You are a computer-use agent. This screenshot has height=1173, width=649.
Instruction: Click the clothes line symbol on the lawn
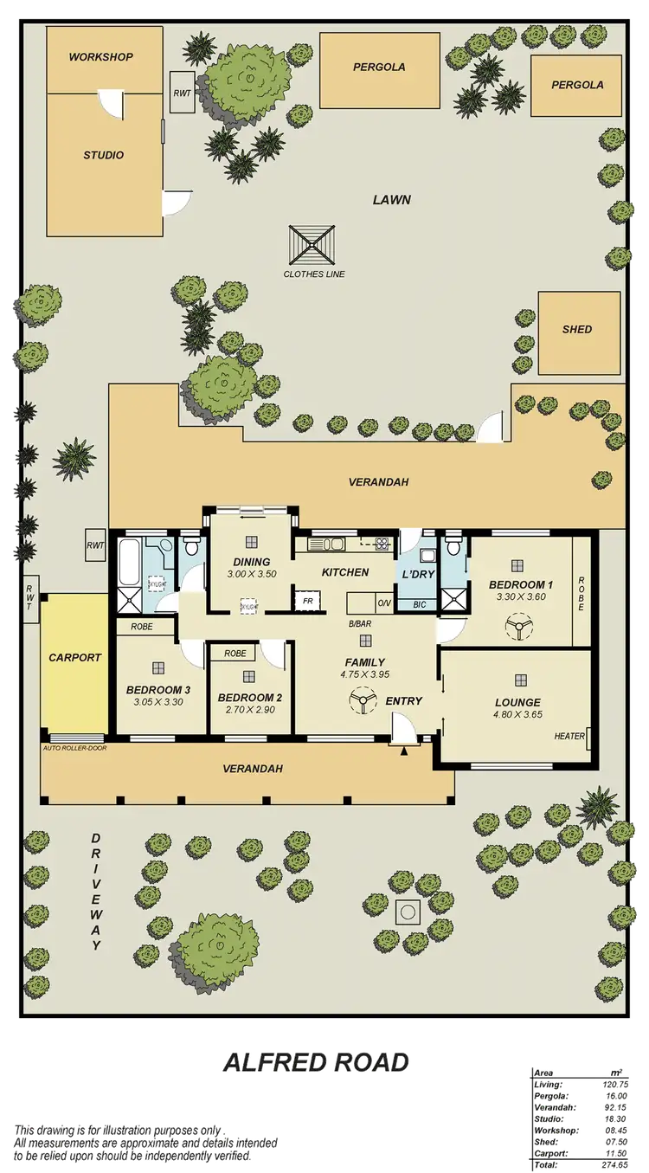pos(312,245)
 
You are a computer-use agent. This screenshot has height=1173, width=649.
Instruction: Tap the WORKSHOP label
pos(101,57)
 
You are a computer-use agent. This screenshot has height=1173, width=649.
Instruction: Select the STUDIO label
pos(103,156)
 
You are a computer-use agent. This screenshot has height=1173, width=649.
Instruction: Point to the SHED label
pos(577,330)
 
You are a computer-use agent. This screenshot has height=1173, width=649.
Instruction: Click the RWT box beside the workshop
pos(183,93)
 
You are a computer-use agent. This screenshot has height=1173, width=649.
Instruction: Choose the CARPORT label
pos(74,658)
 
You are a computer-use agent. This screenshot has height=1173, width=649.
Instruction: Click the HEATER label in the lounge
pos(569,737)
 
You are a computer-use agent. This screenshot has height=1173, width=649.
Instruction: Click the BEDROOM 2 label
pos(249,698)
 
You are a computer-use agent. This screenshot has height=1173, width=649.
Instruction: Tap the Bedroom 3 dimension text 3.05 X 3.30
pos(158,702)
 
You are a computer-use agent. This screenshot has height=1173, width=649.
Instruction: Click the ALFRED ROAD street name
pos(315,1063)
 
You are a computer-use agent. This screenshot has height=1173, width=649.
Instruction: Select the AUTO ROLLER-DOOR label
pos(74,747)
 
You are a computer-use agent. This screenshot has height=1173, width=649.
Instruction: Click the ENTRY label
pos(404,700)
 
